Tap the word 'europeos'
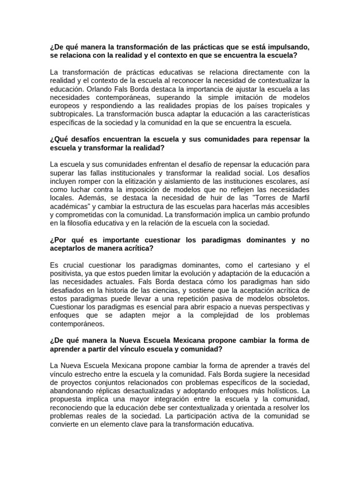(64, 106)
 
